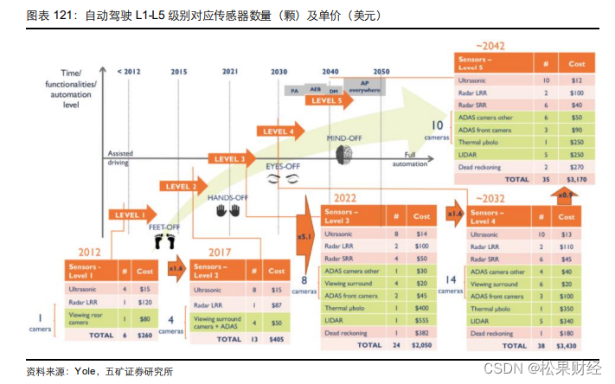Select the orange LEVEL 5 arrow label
pos(327,101)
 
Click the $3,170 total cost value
pos(574,179)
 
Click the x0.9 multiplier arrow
pos(564,195)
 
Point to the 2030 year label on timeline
pos(279,71)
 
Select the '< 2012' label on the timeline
pos(128,71)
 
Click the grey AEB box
pos(316,88)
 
